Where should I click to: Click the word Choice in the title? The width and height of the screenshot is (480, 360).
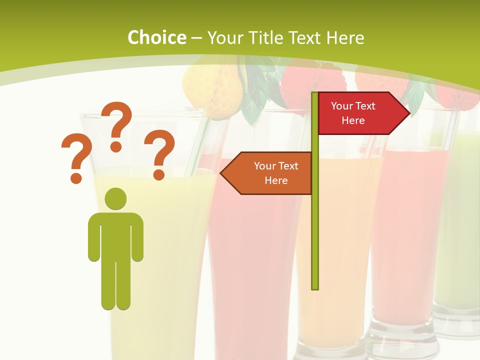156,37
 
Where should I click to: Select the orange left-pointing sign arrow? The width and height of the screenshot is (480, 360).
267,173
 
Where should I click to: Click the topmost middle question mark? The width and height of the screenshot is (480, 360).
116,125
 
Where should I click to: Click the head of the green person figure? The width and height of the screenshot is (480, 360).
115,198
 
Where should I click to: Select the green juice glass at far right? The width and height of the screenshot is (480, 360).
460,225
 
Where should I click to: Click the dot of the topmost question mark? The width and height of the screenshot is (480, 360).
116,146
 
